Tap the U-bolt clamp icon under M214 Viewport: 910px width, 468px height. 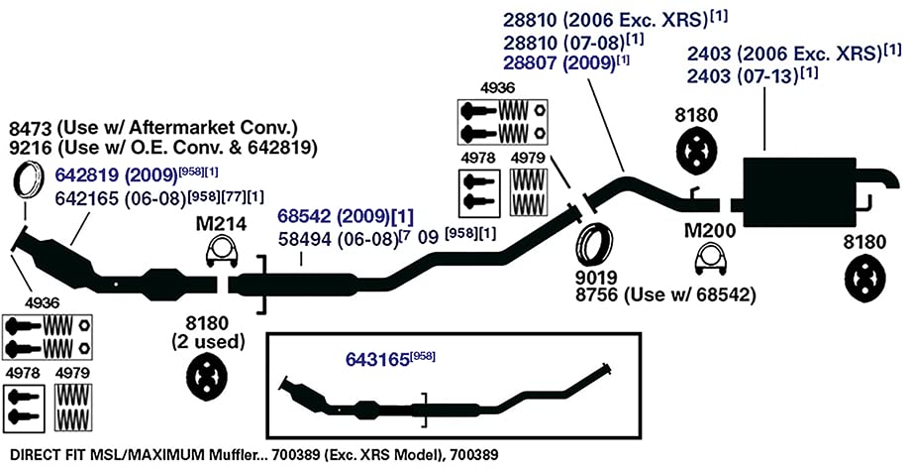point(221,252)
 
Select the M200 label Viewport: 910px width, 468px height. point(709,231)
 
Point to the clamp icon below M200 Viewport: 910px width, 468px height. point(710,258)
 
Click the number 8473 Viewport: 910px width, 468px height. point(30,127)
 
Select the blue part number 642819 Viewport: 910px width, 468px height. point(85,175)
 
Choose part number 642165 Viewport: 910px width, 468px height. point(85,198)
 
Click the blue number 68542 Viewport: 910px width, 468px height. point(302,217)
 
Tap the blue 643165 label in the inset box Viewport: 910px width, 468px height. point(377,360)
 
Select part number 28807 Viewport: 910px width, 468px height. point(529,62)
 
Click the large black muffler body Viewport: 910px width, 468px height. point(798,190)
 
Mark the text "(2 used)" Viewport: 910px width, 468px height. point(207,342)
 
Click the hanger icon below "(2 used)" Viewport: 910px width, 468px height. point(207,378)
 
